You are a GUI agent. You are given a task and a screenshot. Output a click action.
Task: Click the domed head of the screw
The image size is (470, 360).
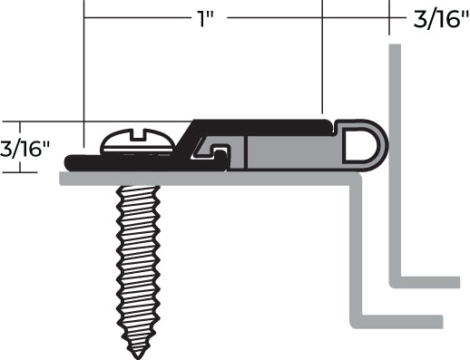coord(138,141)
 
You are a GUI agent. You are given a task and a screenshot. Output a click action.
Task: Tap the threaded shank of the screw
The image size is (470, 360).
coord(138,263)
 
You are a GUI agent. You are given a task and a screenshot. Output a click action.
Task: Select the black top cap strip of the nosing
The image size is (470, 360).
coord(263,125)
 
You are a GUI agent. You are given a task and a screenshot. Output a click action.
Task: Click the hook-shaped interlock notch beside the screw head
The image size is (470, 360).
coord(218,146)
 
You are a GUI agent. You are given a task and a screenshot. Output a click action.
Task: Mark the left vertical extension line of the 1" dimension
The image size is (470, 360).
coord(83,73)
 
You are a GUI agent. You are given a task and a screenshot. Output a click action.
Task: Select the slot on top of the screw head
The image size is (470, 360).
coord(138,134)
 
